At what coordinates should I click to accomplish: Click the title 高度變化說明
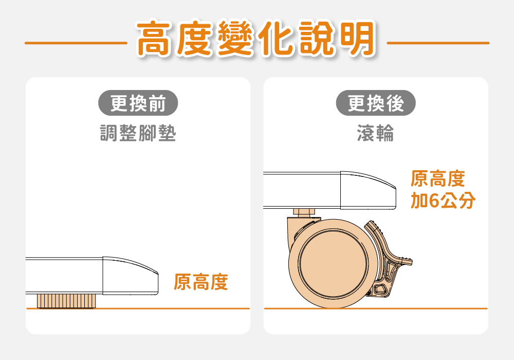tap(256, 39)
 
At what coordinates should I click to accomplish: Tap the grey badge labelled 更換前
tap(138, 103)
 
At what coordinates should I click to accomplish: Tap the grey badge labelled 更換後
tap(376, 103)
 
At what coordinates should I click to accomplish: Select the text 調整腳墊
tap(138, 133)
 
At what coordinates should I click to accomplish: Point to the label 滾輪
tap(376, 133)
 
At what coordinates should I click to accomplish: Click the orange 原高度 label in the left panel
tap(200, 282)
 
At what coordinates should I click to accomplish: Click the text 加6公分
tap(443, 201)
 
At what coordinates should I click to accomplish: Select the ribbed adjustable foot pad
tap(66, 301)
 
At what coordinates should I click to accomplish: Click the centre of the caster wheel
tap(334, 264)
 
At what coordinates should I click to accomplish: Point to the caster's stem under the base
tap(304, 212)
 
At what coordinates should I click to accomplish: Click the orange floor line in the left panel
tap(138, 309)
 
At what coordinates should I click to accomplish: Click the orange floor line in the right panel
tap(376, 309)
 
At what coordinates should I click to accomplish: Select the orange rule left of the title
tap(76, 43)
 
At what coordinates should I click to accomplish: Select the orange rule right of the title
tap(438, 43)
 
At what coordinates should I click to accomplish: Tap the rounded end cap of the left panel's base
tap(131, 276)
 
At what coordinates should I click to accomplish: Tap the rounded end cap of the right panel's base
tap(368, 190)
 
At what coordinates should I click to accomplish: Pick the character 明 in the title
tap(358, 39)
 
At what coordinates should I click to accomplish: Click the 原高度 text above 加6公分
tap(437, 178)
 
